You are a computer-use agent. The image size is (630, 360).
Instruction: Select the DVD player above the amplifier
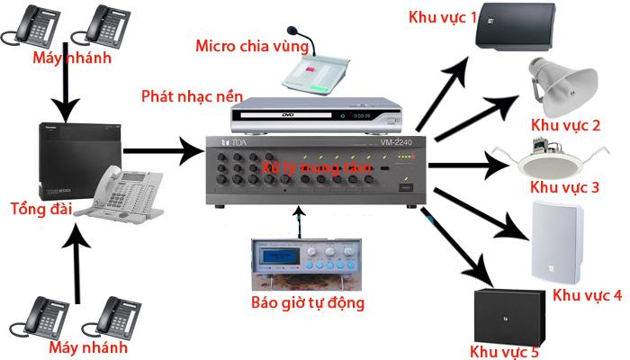(x=315, y=115)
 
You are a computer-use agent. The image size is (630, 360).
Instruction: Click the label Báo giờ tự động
(x=309, y=302)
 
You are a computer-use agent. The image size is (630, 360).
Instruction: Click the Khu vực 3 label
(x=564, y=188)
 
